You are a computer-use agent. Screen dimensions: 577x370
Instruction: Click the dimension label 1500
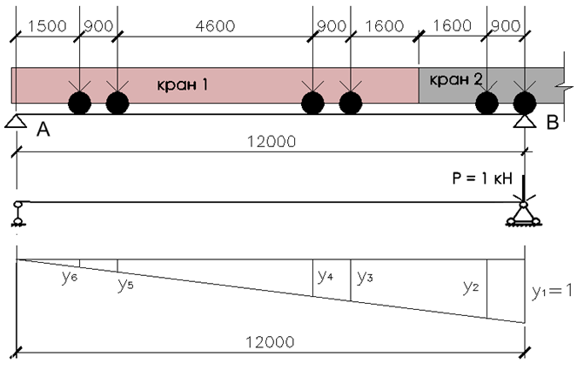click(x=47, y=26)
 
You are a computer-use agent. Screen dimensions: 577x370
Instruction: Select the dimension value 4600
click(x=215, y=26)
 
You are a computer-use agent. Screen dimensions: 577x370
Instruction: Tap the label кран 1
click(x=183, y=84)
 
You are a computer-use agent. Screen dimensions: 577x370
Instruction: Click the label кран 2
click(x=456, y=79)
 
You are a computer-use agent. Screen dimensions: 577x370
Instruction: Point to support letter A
click(x=43, y=129)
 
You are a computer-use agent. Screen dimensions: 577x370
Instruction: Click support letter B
click(x=553, y=122)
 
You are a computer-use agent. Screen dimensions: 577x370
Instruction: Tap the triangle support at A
click(x=16, y=121)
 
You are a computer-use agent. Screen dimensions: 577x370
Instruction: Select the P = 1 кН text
click(x=482, y=178)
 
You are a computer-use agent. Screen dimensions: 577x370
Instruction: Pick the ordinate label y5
click(x=125, y=285)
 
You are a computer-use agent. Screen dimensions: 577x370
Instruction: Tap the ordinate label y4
click(x=325, y=276)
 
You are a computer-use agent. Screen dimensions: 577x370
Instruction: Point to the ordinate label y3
click(x=365, y=277)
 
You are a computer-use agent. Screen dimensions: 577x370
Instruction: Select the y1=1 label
click(x=553, y=292)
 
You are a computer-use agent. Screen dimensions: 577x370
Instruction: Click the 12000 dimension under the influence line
click(x=270, y=342)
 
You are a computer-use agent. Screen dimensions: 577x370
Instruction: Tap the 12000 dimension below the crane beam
click(x=272, y=142)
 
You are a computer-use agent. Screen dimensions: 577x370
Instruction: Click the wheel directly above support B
click(x=525, y=103)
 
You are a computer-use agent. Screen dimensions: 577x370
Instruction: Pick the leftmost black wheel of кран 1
click(x=79, y=103)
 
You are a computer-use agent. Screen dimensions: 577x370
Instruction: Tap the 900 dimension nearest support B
click(x=506, y=26)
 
